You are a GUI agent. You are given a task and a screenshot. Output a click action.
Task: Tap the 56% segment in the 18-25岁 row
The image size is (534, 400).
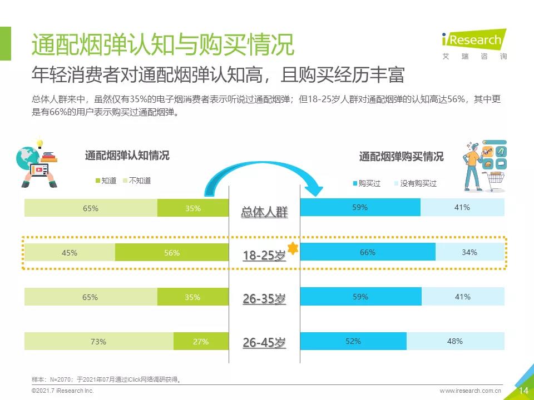pyautogui.click(x=172, y=253)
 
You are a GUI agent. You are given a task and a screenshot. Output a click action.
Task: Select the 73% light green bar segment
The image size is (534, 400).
pyautogui.click(x=98, y=342)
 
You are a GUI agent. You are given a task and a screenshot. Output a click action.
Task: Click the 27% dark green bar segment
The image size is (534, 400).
pyautogui.click(x=201, y=342)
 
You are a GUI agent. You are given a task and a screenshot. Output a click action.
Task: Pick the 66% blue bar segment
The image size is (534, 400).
pyautogui.click(x=367, y=252)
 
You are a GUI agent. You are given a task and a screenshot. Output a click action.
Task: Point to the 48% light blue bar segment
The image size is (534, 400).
pyautogui.click(x=455, y=341)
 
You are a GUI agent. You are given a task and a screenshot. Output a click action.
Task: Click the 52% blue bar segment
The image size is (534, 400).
pyautogui.click(x=353, y=341)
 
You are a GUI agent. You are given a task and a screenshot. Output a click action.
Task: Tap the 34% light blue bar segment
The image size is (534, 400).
pyautogui.click(x=469, y=252)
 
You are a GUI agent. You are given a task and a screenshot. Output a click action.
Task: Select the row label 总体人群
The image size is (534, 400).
pyautogui.click(x=264, y=212)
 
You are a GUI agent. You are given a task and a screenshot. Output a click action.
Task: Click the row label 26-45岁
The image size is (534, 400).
pyautogui.click(x=264, y=343)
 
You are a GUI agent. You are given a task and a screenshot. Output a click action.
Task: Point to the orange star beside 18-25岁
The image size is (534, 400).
pyautogui.click(x=293, y=249)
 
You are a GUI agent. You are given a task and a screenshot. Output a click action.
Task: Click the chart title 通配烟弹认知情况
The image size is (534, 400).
pyautogui.click(x=127, y=156)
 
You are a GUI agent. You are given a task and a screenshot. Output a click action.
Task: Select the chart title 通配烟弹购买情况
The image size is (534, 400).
pyautogui.click(x=401, y=157)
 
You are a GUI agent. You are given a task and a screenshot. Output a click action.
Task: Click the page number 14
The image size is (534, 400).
pyautogui.click(x=523, y=391)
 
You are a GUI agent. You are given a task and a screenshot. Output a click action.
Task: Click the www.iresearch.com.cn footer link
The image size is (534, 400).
pyautogui.click(x=471, y=391)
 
